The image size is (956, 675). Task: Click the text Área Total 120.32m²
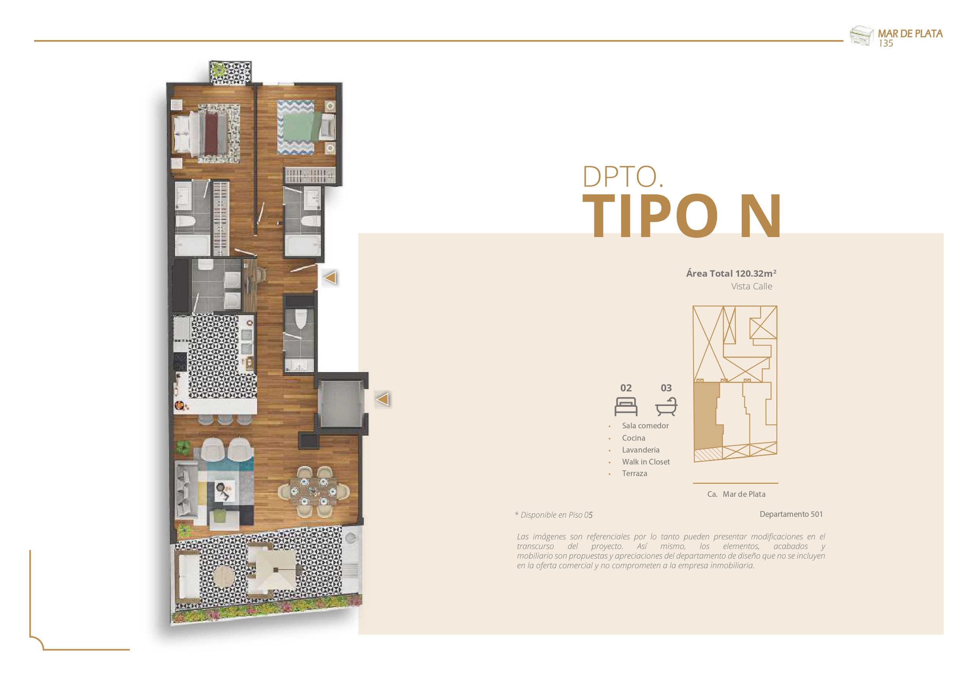point(731,273)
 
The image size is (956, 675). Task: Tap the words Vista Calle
point(751,286)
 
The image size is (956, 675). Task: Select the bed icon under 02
point(626,406)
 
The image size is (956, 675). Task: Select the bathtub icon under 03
point(666,406)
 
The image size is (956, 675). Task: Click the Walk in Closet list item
point(646,462)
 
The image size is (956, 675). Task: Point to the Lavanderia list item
point(640,449)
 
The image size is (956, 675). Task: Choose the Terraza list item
point(635,473)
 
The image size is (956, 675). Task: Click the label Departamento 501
point(791,514)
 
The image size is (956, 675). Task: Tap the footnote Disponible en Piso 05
point(554,515)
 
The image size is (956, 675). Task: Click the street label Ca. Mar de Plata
point(736,494)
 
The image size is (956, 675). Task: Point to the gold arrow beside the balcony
point(383,399)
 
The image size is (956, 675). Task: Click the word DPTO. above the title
point(622,177)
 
